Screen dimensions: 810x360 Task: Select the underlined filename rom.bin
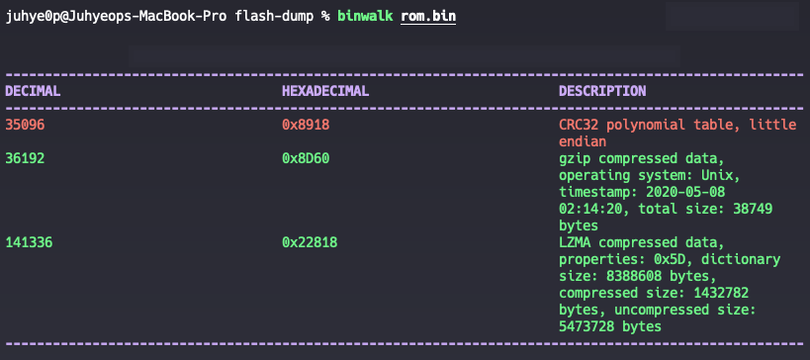click(429, 18)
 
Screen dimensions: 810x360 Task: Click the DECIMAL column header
click(33, 91)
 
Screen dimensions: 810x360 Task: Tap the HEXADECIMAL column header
click(325, 91)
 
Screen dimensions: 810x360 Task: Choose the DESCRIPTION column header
click(602, 91)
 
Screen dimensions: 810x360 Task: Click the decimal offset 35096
click(25, 125)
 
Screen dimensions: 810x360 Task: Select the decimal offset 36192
click(25, 158)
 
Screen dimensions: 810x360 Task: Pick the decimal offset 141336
click(29, 242)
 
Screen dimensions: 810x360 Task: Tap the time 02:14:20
click(590, 209)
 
